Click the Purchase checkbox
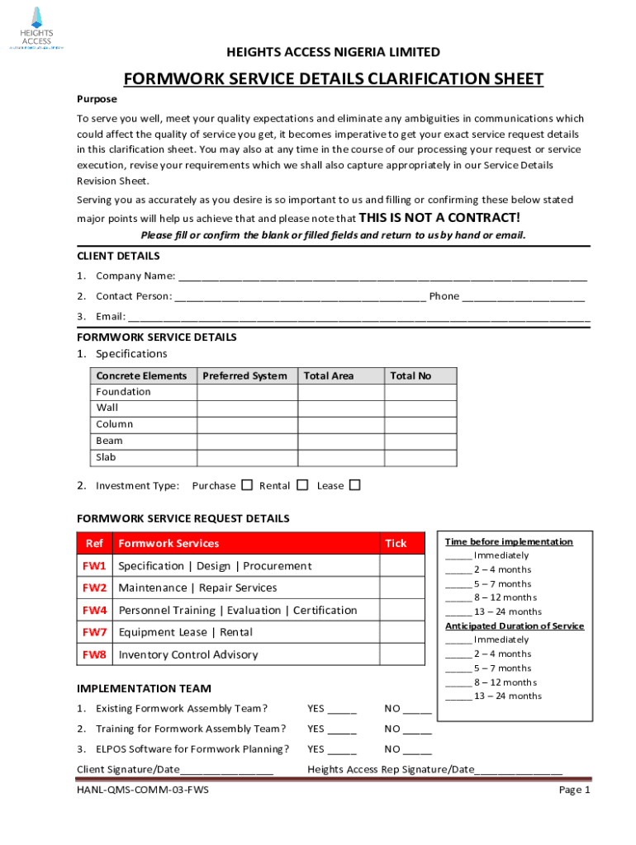(247, 485)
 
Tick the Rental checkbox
(302, 485)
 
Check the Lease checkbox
(355, 485)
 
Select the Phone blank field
(524, 297)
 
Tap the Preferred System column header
(246, 376)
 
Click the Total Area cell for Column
(340, 425)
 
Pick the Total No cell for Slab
(420, 458)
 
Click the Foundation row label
(124, 392)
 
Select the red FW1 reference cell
(94, 566)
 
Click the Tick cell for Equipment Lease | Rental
(402, 633)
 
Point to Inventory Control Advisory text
(188, 655)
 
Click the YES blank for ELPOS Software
(342, 750)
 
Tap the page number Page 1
(574, 791)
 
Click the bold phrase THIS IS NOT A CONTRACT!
(440, 218)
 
